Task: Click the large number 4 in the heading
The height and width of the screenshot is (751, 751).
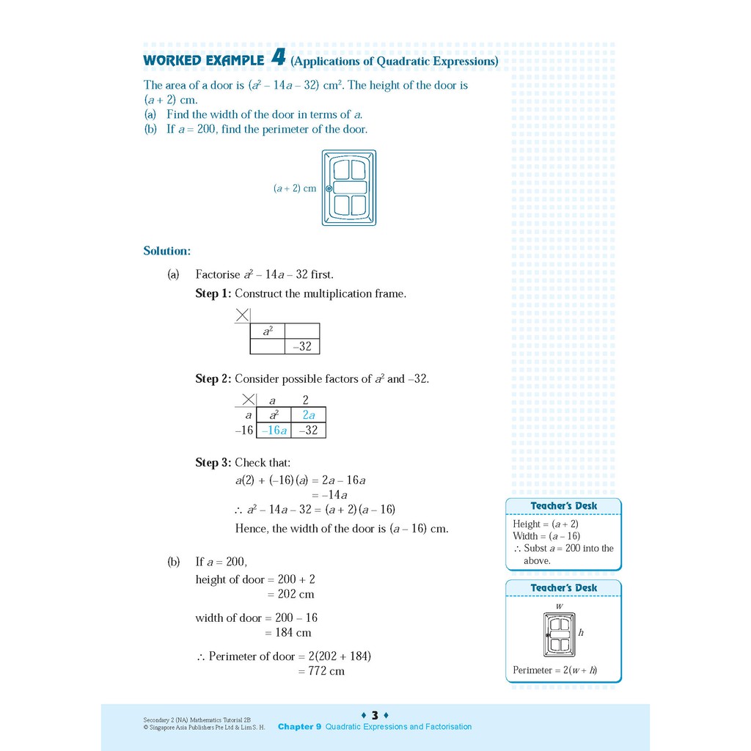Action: [x=277, y=58]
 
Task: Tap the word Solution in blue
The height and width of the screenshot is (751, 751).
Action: [x=166, y=251]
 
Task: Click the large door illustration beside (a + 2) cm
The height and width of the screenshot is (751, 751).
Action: [x=349, y=188]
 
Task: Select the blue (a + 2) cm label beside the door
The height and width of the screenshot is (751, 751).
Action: [x=295, y=188]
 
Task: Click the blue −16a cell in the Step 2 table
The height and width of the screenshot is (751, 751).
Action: [x=274, y=431]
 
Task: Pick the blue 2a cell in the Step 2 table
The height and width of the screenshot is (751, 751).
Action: [x=308, y=415]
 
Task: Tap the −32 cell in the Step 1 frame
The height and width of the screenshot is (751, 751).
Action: [x=302, y=347]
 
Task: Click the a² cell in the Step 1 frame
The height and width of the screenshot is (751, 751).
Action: [x=267, y=331]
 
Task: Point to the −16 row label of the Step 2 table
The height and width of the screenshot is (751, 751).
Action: [x=244, y=431]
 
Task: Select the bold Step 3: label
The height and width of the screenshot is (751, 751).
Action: [x=213, y=463]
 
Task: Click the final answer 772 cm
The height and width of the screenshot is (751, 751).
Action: [x=326, y=671]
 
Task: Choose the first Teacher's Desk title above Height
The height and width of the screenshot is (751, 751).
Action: [x=563, y=506]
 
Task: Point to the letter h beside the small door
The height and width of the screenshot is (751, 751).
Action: [x=581, y=632]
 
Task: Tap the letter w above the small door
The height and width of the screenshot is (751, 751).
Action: [x=559, y=607]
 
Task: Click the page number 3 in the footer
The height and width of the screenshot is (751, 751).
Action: [x=375, y=715]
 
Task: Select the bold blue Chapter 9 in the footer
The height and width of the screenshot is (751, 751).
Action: [x=299, y=727]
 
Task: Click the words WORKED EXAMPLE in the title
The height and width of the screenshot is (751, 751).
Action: [x=203, y=60]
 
